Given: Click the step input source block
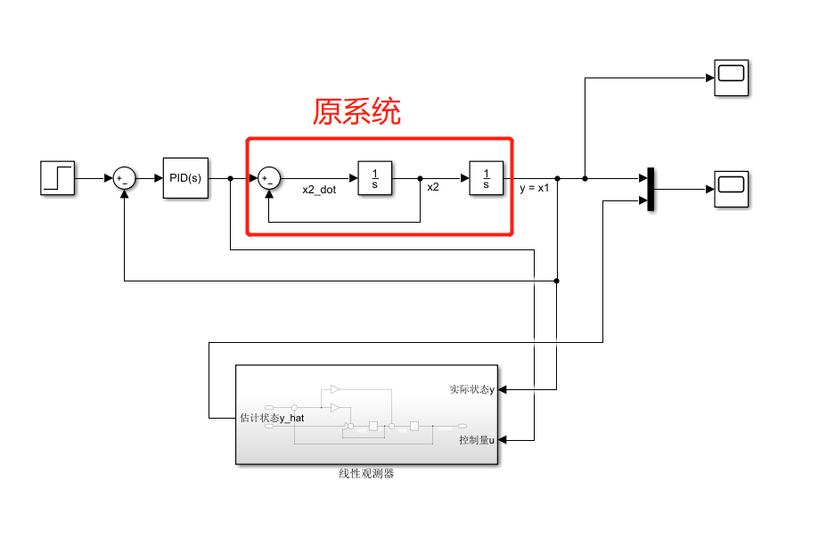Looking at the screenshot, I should tap(58, 178).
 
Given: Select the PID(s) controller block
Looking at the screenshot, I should tap(185, 178).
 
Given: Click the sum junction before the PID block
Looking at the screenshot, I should tap(124, 178).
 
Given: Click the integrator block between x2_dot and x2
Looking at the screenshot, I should tap(375, 178).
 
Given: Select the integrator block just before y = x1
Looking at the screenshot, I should tap(487, 178).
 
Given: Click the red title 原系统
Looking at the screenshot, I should tap(356, 111).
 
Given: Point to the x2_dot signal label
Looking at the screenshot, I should tap(319, 189).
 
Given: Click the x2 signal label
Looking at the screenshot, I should tap(433, 188).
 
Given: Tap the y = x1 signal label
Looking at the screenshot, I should tap(535, 188).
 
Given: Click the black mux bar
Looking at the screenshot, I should tap(651, 190).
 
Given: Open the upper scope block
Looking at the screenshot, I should tap(731, 77).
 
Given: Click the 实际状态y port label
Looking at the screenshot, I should tap(471, 389).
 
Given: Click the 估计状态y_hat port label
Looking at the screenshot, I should tap(273, 417).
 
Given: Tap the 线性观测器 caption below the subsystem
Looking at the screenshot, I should tap(366, 474).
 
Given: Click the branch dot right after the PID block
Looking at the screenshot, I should tap(230, 178).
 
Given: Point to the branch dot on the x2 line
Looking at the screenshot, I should tap(420, 178).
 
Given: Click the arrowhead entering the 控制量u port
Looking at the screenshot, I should tap(503, 440).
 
